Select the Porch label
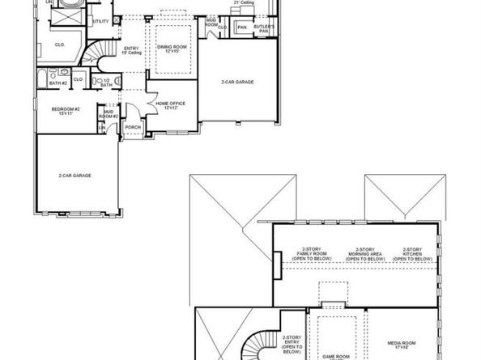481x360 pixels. tap(133, 125)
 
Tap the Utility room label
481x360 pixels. tap(101, 20)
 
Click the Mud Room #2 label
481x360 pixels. tap(109, 115)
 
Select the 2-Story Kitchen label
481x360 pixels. tap(412, 254)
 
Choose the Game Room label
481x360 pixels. tap(336, 355)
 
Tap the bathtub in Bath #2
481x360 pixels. tap(40, 78)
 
